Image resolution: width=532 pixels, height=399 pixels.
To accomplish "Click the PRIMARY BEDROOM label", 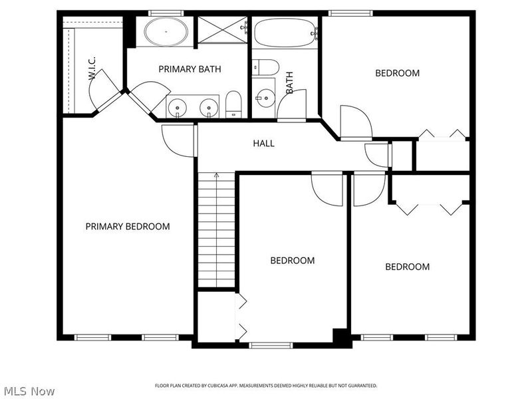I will [x=127, y=227].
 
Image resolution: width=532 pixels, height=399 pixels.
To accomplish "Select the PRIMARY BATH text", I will [x=190, y=69].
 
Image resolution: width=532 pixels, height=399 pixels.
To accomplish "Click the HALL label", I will [x=263, y=144].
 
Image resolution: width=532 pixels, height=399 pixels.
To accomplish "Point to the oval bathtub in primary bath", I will [x=166, y=31].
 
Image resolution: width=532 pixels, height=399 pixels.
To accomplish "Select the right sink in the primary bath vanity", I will [x=209, y=106].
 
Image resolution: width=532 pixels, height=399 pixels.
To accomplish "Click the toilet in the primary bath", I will [x=233, y=104].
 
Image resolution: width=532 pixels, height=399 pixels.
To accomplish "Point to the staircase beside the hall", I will [x=216, y=229].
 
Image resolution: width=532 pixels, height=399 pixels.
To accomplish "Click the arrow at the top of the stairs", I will [x=216, y=176].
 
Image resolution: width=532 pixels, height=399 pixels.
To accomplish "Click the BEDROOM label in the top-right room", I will [x=397, y=73].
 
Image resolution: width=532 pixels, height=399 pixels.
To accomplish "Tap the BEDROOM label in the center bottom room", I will [x=292, y=261].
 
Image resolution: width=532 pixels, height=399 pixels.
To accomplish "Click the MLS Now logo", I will [x=29, y=391].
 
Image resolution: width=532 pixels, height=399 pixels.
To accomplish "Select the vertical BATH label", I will [x=290, y=82].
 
